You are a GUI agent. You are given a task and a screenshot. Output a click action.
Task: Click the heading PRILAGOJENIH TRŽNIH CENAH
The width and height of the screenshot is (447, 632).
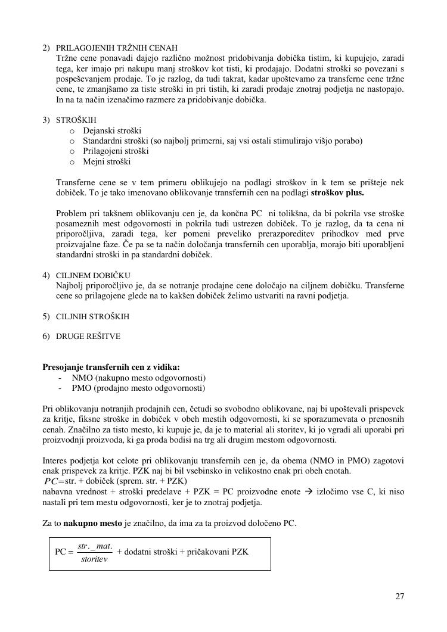tap(117, 48)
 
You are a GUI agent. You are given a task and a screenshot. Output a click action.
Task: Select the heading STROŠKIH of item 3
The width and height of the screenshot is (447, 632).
tap(76, 120)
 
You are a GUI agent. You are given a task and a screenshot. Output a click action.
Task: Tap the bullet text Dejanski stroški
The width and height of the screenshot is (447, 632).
tap(112, 130)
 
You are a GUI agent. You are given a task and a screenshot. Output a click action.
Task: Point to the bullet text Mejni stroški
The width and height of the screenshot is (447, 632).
tap(107, 161)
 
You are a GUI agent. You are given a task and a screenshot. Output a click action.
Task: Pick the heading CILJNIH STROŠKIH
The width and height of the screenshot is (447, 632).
tap(92, 317)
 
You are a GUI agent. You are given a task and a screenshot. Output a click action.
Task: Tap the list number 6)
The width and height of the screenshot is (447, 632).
tap(46, 337)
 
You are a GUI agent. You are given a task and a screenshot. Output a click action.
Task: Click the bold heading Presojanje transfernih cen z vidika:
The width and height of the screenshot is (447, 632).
tap(111, 368)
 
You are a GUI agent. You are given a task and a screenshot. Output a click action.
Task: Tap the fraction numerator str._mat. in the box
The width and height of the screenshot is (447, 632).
tap(95, 546)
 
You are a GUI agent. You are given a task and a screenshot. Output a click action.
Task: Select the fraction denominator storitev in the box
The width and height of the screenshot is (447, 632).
tap(94, 560)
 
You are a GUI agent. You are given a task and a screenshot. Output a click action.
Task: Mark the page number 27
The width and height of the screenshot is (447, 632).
tap(399, 597)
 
